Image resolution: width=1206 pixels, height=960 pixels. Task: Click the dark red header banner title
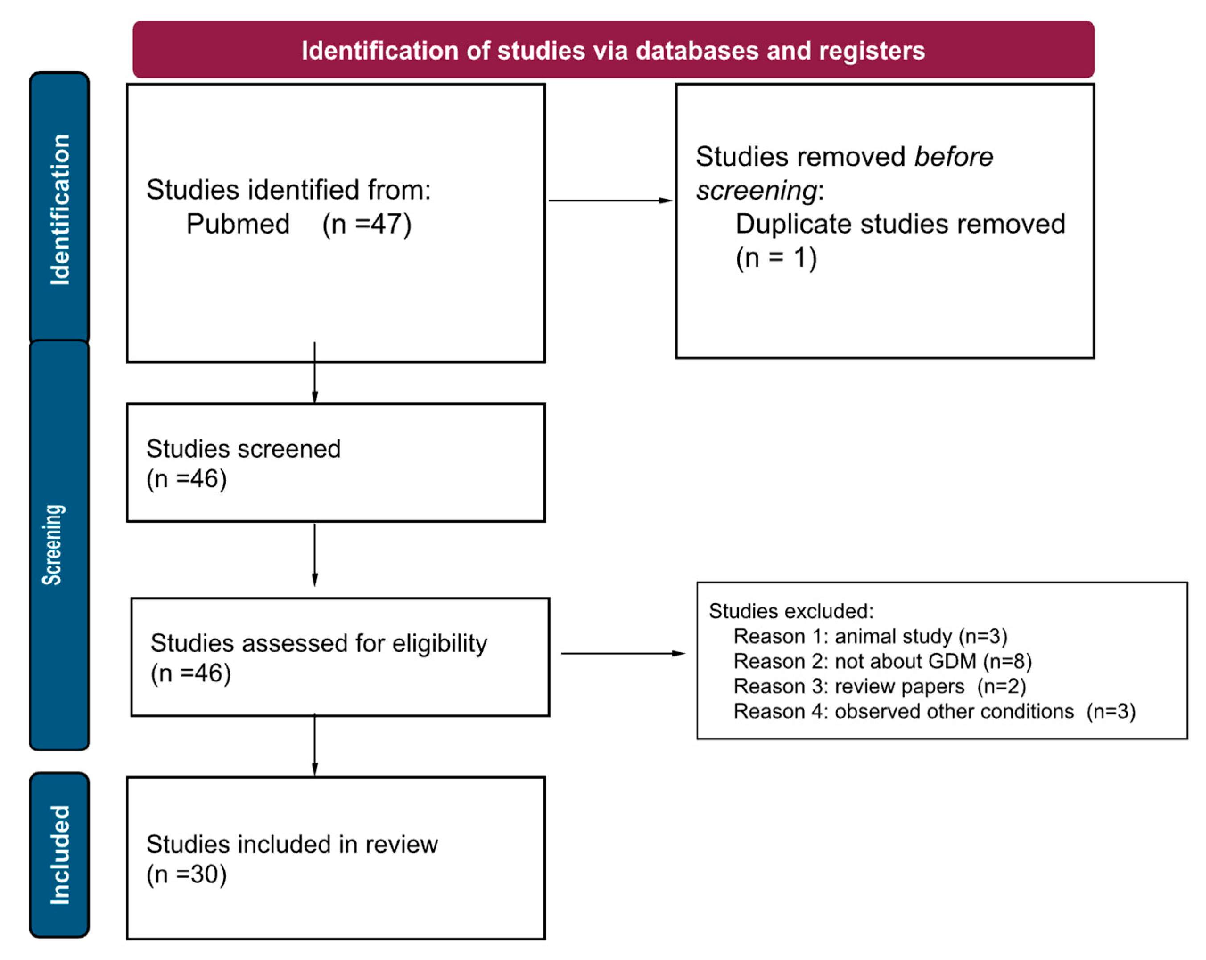coord(613,50)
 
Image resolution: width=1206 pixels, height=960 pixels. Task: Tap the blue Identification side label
coord(60,209)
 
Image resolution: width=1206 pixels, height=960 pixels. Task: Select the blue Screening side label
coord(53,545)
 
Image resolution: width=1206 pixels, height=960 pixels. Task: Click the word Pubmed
coord(238,224)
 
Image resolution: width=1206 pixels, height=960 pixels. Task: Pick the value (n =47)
coord(366,224)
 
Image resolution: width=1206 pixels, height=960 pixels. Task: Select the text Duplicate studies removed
coord(899,224)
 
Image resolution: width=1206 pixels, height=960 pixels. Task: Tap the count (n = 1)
coord(776,258)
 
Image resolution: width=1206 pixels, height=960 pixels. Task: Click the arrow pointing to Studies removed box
coord(610,200)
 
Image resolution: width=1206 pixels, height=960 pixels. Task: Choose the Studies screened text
coord(243,449)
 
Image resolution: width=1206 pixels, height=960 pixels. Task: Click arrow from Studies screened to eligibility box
coord(314,554)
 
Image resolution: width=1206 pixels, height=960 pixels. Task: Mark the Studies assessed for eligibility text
coord(319,644)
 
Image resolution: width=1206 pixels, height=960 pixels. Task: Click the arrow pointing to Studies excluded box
coord(622,653)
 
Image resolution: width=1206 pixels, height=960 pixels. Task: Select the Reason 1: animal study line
coord(870,636)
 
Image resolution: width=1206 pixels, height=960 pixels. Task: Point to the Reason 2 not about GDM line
coord(882,661)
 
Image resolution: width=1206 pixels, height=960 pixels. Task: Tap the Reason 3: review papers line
coord(879,687)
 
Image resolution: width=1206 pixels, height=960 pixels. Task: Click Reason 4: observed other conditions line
coord(934,712)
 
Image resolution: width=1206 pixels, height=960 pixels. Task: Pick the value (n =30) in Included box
coord(186,874)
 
